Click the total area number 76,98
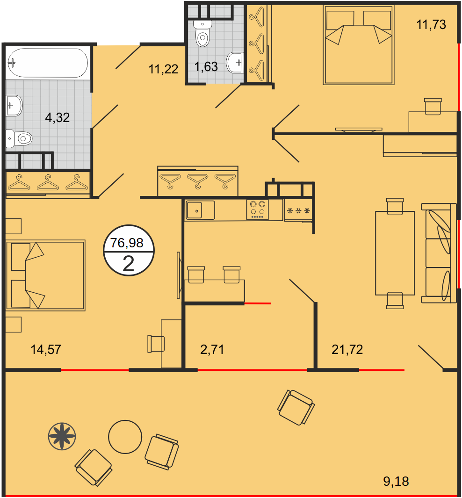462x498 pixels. click(x=127, y=243)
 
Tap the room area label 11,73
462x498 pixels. click(x=431, y=24)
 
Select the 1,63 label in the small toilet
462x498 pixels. click(x=206, y=67)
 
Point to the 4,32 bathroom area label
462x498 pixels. click(x=57, y=117)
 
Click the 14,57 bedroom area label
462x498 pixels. click(x=46, y=349)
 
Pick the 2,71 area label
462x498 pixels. click(x=212, y=349)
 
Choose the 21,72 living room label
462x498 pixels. click(x=347, y=349)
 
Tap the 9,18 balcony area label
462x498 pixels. click(x=396, y=482)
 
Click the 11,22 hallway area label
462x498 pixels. click(x=163, y=69)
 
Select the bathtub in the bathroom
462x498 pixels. click(x=48, y=63)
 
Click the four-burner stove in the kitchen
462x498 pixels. click(x=258, y=209)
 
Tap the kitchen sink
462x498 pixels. click(x=200, y=210)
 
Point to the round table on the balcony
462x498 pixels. click(x=125, y=437)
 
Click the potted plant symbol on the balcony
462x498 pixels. click(x=62, y=436)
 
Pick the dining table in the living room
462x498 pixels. click(x=395, y=253)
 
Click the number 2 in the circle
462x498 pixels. click(x=128, y=264)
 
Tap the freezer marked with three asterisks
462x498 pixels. click(x=298, y=210)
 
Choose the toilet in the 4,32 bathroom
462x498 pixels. click(x=19, y=138)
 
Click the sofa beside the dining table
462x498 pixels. click(x=439, y=253)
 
